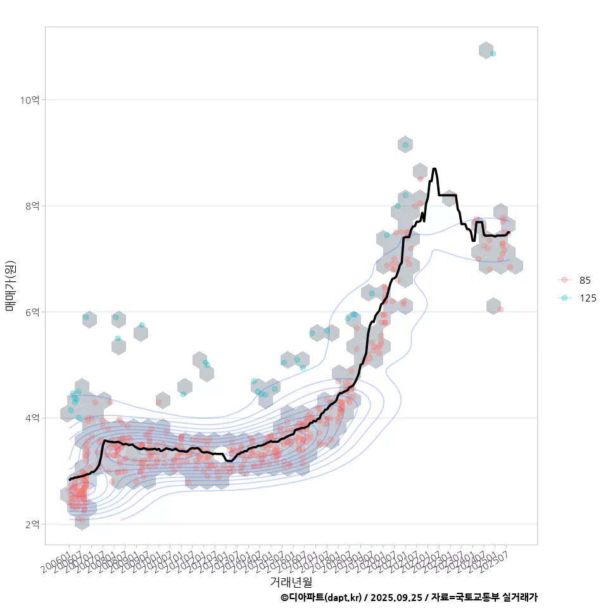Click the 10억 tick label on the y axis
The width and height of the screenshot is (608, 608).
coord(30,100)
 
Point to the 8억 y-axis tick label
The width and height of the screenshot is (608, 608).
coord(32,206)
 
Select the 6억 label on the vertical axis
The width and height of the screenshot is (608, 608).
coord(32,312)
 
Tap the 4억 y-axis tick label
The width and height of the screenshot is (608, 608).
coord(32,418)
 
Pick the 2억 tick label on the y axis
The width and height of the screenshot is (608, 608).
coord(32,524)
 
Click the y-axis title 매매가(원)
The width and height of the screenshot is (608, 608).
coord(10,286)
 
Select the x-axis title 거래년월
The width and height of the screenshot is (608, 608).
coord(291,581)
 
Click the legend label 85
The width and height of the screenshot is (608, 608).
coord(585,280)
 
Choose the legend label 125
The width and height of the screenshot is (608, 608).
coord(588,298)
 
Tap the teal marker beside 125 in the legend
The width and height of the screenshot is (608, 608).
coord(564,298)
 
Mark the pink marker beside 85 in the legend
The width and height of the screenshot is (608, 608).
coord(564,280)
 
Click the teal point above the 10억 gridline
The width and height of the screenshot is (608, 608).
coord(493,54)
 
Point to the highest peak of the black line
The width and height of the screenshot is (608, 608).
coord(434,169)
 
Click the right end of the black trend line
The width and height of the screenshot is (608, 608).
coord(509,232)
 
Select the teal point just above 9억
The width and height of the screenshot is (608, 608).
coord(405,145)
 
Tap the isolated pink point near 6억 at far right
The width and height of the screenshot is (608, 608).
coord(500,309)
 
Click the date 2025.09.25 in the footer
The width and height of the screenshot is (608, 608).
coord(396,597)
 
